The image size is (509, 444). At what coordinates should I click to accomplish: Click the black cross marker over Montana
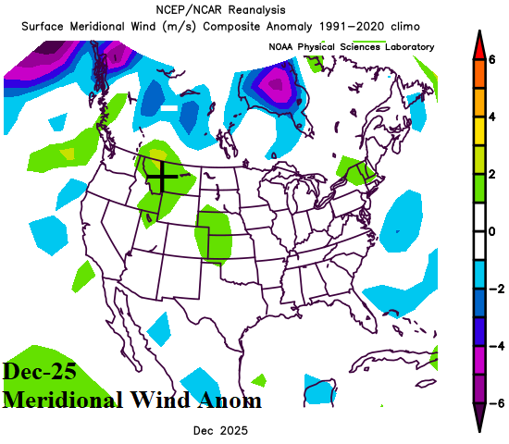162,175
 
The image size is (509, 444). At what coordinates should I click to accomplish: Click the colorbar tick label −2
494,289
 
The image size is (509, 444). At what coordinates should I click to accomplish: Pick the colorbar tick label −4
494,346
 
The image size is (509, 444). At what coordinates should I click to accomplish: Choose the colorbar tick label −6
494,402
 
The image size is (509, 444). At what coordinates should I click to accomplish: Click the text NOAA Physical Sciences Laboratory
351,46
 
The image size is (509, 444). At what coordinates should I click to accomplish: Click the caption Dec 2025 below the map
220,431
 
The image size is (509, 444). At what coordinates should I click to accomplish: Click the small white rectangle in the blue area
168,108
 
